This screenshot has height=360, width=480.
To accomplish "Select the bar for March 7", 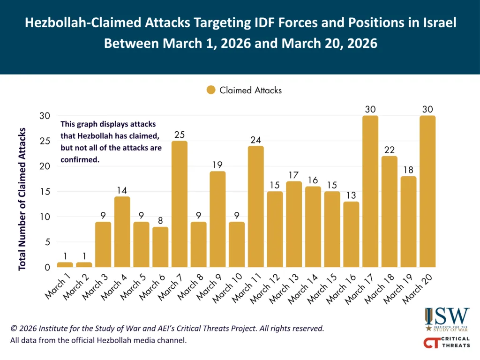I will (x=180, y=204).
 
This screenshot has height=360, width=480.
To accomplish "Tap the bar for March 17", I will (x=370, y=191).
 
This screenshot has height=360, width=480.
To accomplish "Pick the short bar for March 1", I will (x=65, y=265).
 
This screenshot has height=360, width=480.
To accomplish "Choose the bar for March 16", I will (x=351, y=234).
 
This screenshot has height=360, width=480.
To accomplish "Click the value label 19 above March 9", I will (x=217, y=165).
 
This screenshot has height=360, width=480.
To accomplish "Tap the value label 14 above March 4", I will (x=122, y=190).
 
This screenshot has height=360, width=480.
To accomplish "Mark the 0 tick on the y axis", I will (x=46, y=268).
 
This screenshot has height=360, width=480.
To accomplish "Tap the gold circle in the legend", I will (x=211, y=90).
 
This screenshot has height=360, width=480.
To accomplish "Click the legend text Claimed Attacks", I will (x=250, y=90).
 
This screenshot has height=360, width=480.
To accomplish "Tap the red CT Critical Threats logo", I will (x=446, y=342).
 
